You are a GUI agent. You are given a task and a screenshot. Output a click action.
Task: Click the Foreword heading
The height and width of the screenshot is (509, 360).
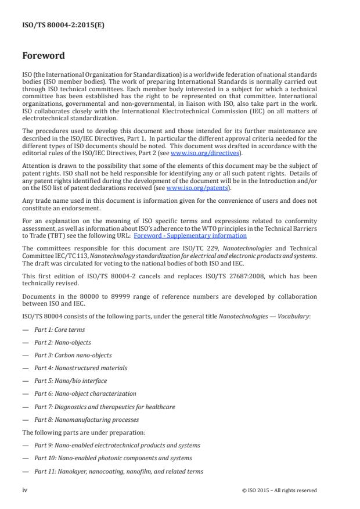(x=44, y=57)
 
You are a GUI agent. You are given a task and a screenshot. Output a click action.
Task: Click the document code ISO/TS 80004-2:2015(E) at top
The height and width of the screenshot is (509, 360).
(x=56, y=25)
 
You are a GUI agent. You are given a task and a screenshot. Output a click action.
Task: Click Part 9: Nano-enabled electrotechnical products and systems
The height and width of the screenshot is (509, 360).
(x=117, y=445)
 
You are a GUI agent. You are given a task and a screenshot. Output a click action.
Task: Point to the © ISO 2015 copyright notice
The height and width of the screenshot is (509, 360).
(x=279, y=490)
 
